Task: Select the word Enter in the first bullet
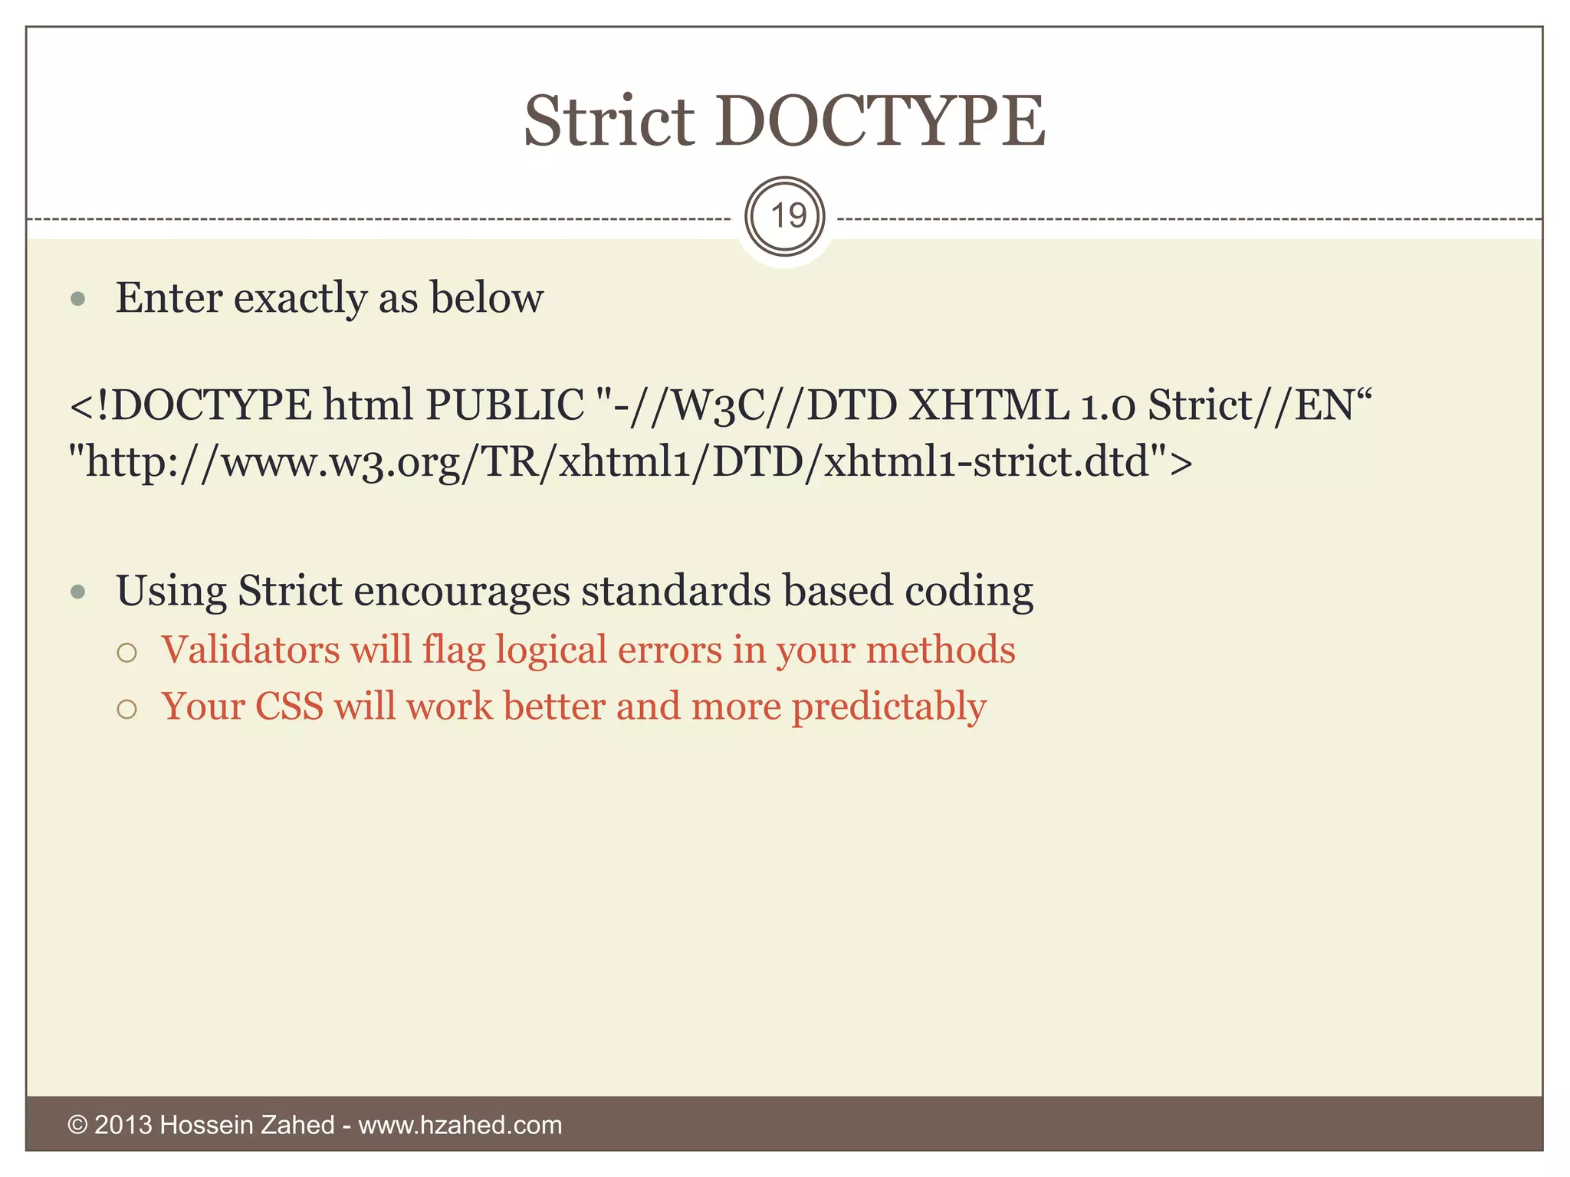click(169, 298)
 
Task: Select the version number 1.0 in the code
click(1108, 406)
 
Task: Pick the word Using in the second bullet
click(171, 592)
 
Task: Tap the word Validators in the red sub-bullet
click(250, 650)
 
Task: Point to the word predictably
click(888, 707)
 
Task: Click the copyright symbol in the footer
click(77, 1125)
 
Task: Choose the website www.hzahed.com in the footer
click(460, 1125)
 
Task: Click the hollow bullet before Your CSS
click(127, 709)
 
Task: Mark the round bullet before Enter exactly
click(77, 299)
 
